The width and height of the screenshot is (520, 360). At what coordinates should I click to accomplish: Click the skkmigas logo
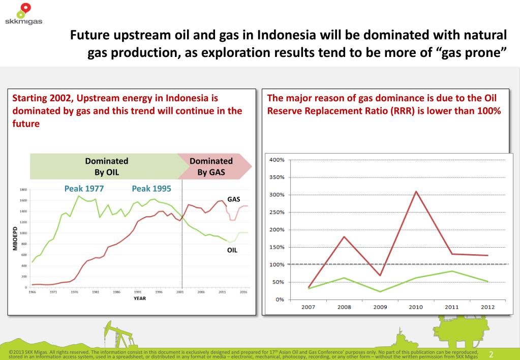pyautogui.click(x=23, y=14)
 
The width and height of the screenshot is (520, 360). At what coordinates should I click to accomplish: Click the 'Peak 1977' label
pyautogui.click(x=84, y=189)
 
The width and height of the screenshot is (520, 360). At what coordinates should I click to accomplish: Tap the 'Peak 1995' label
pyautogui.click(x=151, y=189)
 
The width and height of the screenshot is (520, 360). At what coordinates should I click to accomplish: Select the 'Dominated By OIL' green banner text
pyautogui.click(x=106, y=166)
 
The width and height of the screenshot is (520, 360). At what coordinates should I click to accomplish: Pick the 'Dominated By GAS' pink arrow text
pyautogui.click(x=211, y=166)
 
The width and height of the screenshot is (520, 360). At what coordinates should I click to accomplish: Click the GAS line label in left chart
pyautogui.click(x=233, y=199)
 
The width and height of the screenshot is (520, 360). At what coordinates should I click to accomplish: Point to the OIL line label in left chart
pyautogui.click(x=232, y=250)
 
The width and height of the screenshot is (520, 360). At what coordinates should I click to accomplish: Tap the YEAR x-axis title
pyautogui.click(x=139, y=298)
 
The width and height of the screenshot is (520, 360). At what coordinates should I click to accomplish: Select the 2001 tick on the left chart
pyautogui.click(x=180, y=292)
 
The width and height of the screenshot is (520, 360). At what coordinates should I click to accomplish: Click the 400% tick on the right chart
pyautogui.click(x=277, y=160)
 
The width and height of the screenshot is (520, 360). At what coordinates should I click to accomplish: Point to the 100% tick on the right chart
pyautogui.click(x=277, y=264)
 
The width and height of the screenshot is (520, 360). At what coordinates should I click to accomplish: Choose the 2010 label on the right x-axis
pyautogui.click(x=416, y=308)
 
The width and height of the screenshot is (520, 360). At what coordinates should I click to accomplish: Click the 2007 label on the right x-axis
pyautogui.click(x=309, y=308)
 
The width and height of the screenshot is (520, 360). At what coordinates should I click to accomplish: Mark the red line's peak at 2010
pyautogui.click(x=416, y=192)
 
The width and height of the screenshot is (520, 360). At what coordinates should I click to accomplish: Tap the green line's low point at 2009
pyautogui.click(x=380, y=291)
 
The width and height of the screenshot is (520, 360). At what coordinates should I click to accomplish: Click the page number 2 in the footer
pyautogui.click(x=492, y=354)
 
